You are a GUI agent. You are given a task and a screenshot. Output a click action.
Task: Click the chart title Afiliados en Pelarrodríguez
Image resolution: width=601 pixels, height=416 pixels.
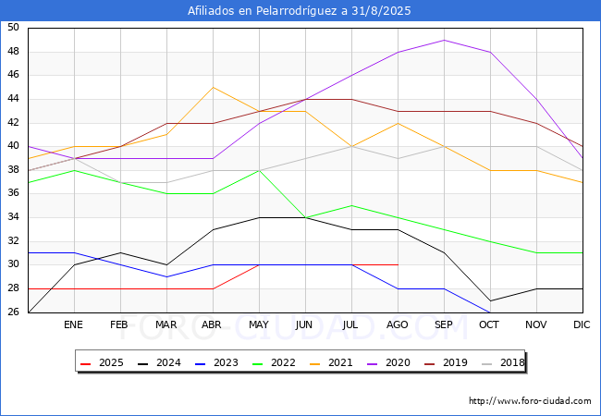300,11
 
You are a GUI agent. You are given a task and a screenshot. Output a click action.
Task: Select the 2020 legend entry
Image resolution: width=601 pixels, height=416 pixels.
388,363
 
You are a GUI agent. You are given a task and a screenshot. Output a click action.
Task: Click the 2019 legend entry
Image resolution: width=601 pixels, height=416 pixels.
445,363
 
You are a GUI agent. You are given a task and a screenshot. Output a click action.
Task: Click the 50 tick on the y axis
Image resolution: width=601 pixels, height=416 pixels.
13,28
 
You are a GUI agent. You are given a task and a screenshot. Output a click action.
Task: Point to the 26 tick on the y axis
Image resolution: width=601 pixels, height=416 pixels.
13,312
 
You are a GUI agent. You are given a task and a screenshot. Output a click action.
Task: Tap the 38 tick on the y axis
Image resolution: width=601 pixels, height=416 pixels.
13,170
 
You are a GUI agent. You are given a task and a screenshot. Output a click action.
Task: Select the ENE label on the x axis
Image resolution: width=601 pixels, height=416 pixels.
74,325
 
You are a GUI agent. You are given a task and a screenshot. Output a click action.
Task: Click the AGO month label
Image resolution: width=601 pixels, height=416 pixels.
398,325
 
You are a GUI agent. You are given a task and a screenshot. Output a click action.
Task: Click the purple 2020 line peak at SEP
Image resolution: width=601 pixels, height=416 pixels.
444,40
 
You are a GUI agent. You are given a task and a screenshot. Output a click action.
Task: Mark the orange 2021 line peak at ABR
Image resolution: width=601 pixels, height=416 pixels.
213,87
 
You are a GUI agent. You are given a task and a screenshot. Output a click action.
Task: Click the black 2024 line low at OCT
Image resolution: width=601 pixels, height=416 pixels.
490,300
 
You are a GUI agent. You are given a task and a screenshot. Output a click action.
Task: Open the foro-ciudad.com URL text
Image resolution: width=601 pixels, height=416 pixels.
530,401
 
